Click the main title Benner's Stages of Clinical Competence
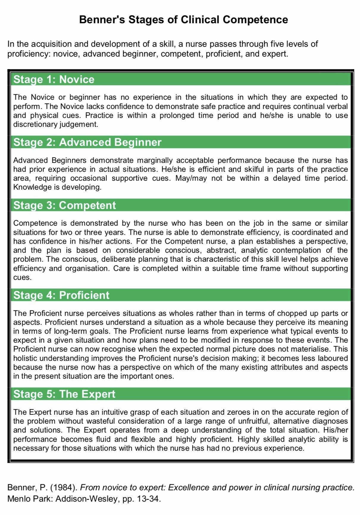click(183, 20)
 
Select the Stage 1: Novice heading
click(54, 79)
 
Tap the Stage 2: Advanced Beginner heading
click(87, 142)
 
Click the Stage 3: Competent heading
click(65, 205)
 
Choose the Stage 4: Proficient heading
click(61, 295)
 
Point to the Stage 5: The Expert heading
click(64, 394)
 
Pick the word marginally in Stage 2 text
click(155, 160)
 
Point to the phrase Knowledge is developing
click(57, 187)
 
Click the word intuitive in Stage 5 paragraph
click(115, 412)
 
